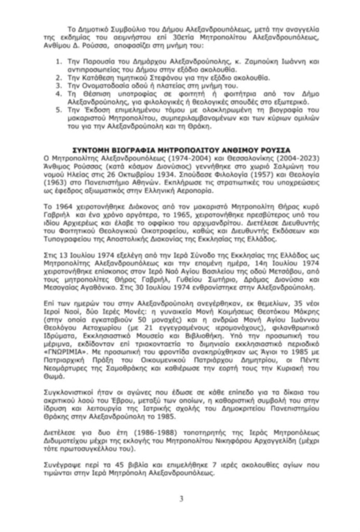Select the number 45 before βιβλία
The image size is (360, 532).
(108, 462)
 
